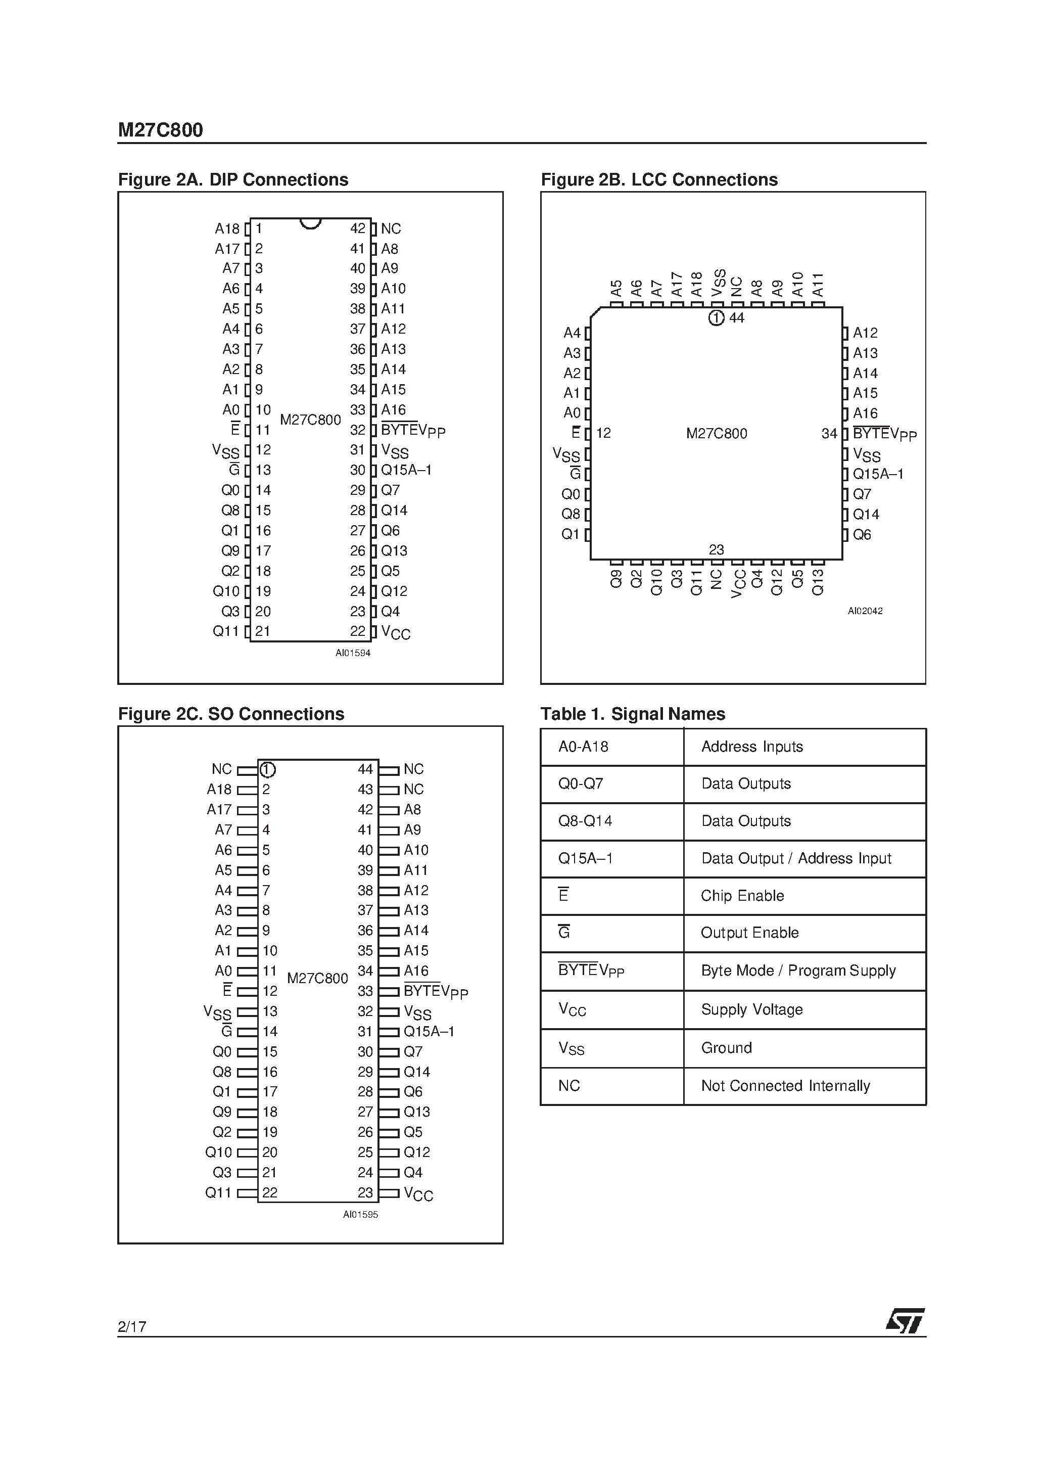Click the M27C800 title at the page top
[160, 130]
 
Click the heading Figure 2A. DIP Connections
[233, 179]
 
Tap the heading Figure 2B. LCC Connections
[659, 179]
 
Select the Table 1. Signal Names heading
[633, 714]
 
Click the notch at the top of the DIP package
[310, 223]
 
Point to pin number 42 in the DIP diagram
[358, 228]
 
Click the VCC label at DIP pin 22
[395, 632]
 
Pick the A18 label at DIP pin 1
[226, 229]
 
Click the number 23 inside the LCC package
[717, 550]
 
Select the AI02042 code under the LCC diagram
[865, 611]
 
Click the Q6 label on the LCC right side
[862, 535]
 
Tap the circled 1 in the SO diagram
[268, 770]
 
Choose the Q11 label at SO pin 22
[218, 1193]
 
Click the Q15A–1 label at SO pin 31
[429, 1031]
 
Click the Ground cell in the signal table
[726, 1048]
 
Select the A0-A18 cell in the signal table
[583, 747]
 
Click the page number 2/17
[132, 1326]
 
